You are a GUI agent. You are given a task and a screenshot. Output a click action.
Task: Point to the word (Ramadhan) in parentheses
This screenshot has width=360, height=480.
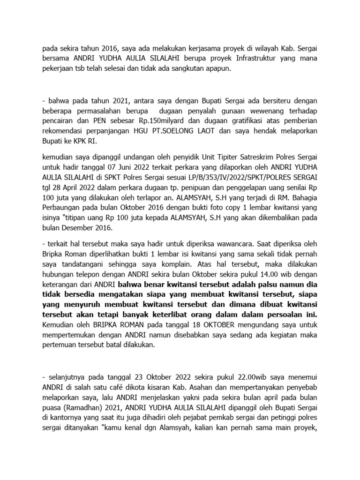click(82, 407)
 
